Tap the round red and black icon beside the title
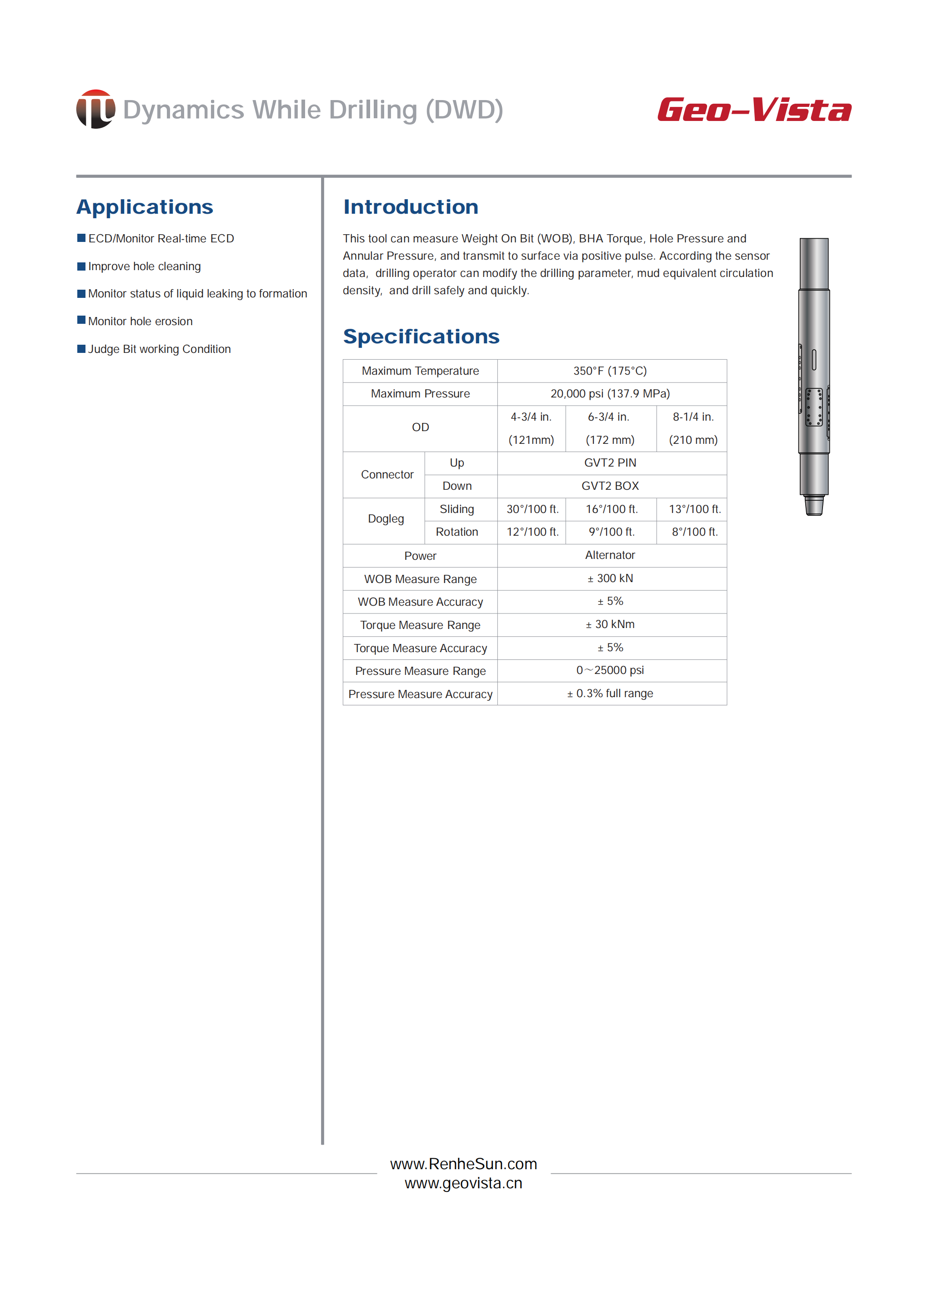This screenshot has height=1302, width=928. tap(95, 109)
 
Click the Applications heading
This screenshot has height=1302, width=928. tap(145, 207)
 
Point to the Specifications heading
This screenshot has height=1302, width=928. tap(421, 337)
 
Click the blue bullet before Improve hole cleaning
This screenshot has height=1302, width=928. tap(81, 266)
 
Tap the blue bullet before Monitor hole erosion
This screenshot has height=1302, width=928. tap(81, 321)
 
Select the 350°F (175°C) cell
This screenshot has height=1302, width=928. tap(610, 371)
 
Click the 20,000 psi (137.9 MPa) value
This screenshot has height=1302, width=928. tap(610, 394)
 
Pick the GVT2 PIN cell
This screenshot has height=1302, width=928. tap(610, 463)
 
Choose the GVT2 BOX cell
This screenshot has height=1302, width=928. tap(610, 486)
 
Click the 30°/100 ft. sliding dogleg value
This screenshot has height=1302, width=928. tap(532, 509)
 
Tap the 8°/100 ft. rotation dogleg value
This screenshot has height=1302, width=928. tap(694, 532)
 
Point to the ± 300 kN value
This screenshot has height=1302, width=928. tap(610, 578)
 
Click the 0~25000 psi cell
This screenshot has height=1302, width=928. tap(610, 670)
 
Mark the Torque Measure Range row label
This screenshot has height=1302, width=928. tap(420, 625)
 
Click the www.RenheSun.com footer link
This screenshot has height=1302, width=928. tap(463, 1164)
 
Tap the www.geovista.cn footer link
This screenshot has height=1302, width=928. tap(463, 1183)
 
